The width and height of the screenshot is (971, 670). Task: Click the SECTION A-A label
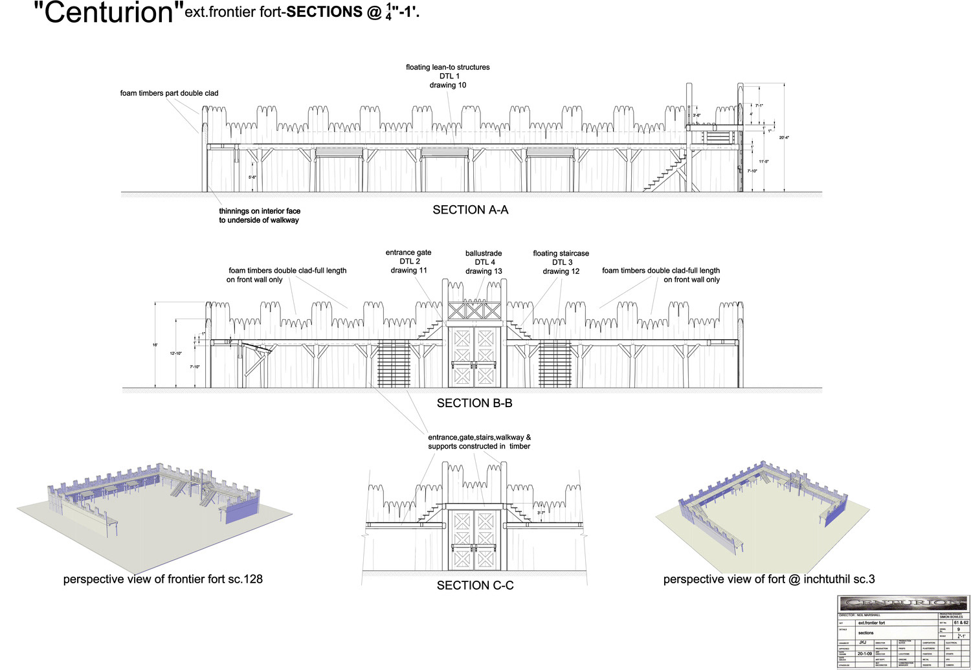(x=471, y=210)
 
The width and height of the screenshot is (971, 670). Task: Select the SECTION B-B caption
(x=474, y=403)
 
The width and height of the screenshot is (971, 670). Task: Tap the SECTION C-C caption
(x=475, y=586)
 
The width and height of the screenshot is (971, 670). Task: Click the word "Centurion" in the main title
(x=104, y=13)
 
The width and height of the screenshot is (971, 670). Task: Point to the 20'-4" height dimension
(x=784, y=138)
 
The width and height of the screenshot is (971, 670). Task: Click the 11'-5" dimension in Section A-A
(x=764, y=162)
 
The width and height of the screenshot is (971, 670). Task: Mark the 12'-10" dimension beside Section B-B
(x=176, y=353)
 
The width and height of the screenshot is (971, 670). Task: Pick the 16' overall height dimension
(x=155, y=345)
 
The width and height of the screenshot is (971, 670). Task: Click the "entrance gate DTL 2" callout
(x=408, y=262)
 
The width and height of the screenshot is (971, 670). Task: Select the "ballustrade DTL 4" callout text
(x=484, y=262)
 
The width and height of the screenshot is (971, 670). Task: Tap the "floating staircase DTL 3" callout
(x=561, y=262)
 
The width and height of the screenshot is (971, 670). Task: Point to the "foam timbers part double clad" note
(x=169, y=93)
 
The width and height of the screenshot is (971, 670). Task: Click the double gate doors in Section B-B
(x=474, y=357)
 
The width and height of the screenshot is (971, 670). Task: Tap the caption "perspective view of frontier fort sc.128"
(x=163, y=579)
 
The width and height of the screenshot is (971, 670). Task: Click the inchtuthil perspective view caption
(x=769, y=579)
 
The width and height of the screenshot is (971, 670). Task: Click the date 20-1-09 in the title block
(x=864, y=654)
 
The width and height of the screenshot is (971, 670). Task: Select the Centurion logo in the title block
(x=903, y=603)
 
